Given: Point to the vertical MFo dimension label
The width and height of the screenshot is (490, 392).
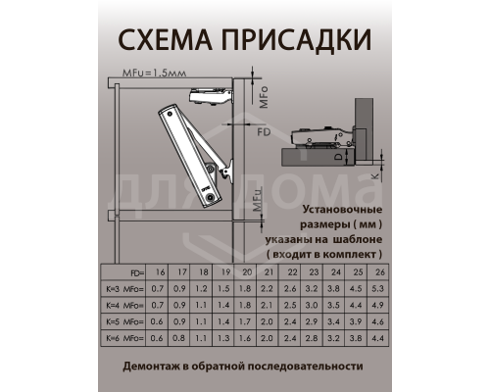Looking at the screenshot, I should (x=263, y=98).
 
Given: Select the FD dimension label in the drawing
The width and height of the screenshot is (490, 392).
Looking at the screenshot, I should (x=263, y=130).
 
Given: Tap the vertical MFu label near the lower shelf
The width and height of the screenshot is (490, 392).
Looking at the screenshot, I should (x=255, y=203).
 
